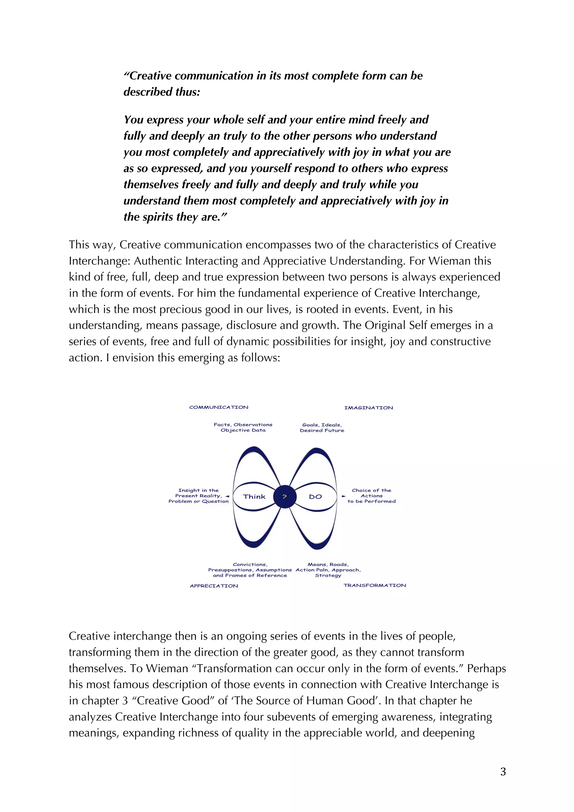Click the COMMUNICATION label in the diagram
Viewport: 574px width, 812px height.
point(219,407)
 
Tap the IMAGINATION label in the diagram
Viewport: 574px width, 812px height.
point(369,408)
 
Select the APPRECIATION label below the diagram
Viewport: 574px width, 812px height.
point(214,586)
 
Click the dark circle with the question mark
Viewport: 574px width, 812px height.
point(284,497)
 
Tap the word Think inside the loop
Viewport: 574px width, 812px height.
point(254,497)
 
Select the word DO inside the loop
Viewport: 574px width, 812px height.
point(316,497)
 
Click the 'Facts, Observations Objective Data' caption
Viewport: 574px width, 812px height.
point(243,427)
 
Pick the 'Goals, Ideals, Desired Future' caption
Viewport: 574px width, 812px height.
point(322,428)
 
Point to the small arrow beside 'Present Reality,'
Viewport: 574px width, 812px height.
point(227,496)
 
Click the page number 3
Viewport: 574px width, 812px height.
point(503,772)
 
